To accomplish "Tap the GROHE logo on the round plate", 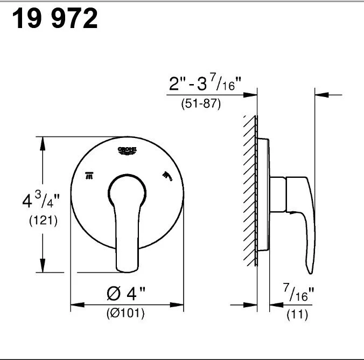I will point(128,150).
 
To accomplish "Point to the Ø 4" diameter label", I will point(126,295).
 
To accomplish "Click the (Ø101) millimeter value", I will point(125,313).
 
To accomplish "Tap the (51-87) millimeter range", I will point(200,104).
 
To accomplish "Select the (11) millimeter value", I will point(297,313).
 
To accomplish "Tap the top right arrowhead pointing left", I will point(321,95).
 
